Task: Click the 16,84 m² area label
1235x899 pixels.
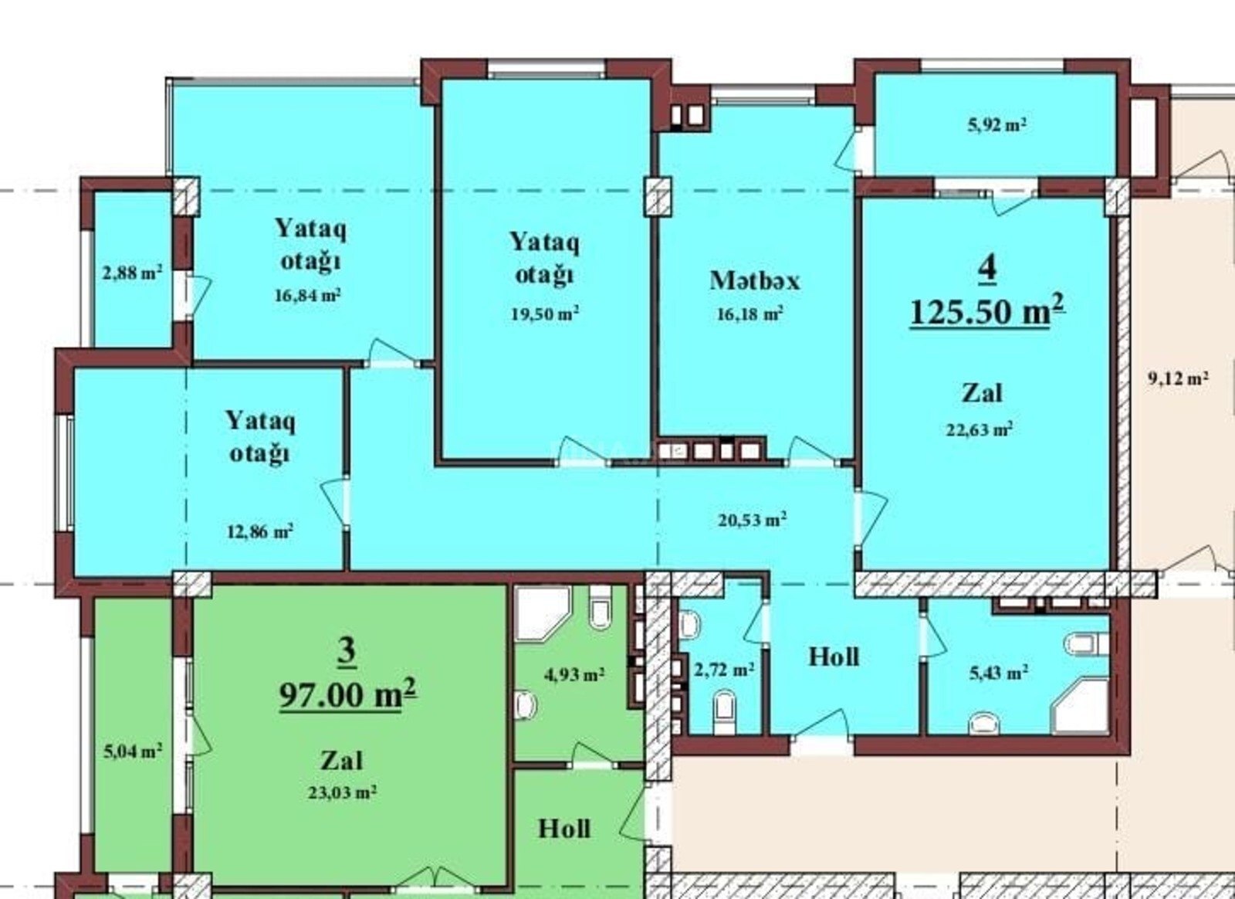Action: click(308, 295)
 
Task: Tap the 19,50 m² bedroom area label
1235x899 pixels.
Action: click(545, 314)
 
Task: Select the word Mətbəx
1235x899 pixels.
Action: click(754, 280)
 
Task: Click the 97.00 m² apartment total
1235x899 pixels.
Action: click(348, 695)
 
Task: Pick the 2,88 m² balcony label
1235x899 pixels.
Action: click(132, 273)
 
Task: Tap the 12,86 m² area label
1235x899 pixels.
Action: click(259, 531)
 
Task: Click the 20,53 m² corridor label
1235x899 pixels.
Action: click(752, 520)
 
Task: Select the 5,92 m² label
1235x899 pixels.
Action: click(996, 125)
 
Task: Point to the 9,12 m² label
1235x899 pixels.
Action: click(1178, 379)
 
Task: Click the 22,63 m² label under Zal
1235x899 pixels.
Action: click(980, 429)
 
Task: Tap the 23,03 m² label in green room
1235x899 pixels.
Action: click(342, 792)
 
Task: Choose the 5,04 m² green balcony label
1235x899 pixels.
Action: click(132, 751)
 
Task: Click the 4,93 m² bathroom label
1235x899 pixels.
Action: click(574, 674)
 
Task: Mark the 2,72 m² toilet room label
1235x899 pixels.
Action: click(724, 670)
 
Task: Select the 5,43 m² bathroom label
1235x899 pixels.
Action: click(998, 673)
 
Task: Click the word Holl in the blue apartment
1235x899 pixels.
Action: click(834, 657)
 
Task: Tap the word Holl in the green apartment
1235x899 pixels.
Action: click(564, 829)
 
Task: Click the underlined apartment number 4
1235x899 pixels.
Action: click(987, 271)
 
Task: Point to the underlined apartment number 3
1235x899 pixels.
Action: click(347, 653)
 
